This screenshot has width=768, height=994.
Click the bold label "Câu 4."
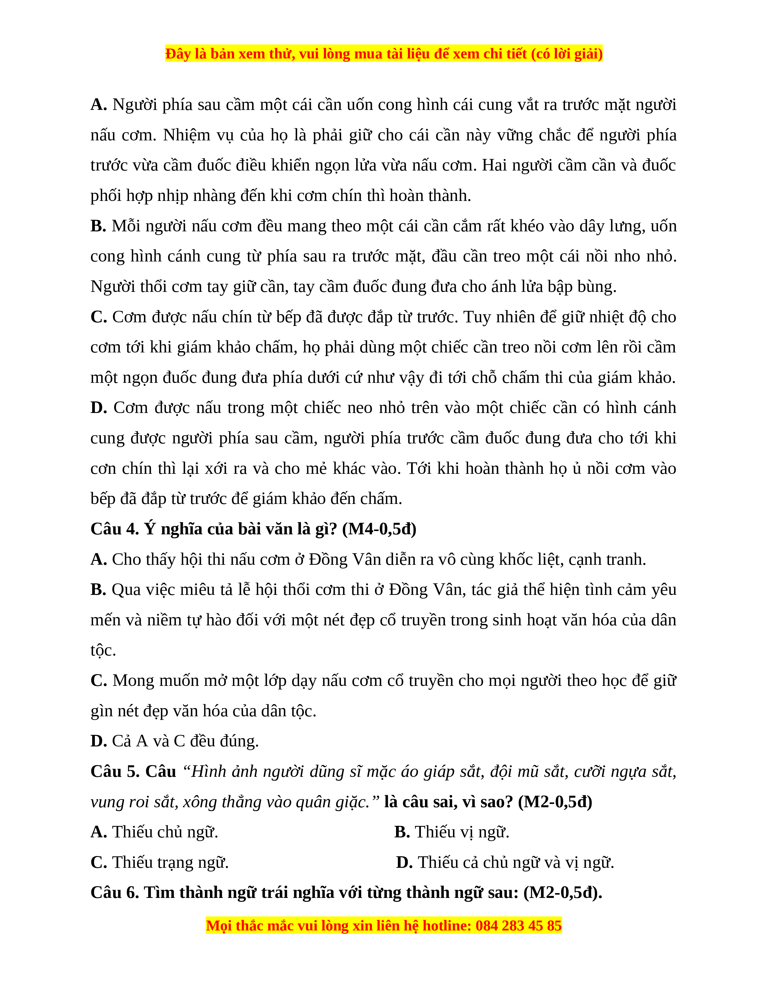(x=115, y=529)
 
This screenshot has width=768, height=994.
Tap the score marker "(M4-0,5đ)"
(x=379, y=529)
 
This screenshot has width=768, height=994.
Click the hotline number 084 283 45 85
(x=518, y=926)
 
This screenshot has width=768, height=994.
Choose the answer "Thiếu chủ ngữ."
(x=165, y=832)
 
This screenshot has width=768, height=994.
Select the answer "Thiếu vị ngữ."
(x=462, y=832)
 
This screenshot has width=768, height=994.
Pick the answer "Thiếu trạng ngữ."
(x=170, y=862)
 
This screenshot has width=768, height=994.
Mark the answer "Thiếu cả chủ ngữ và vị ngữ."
(x=516, y=862)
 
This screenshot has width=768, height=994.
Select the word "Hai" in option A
(x=494, y=165)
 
